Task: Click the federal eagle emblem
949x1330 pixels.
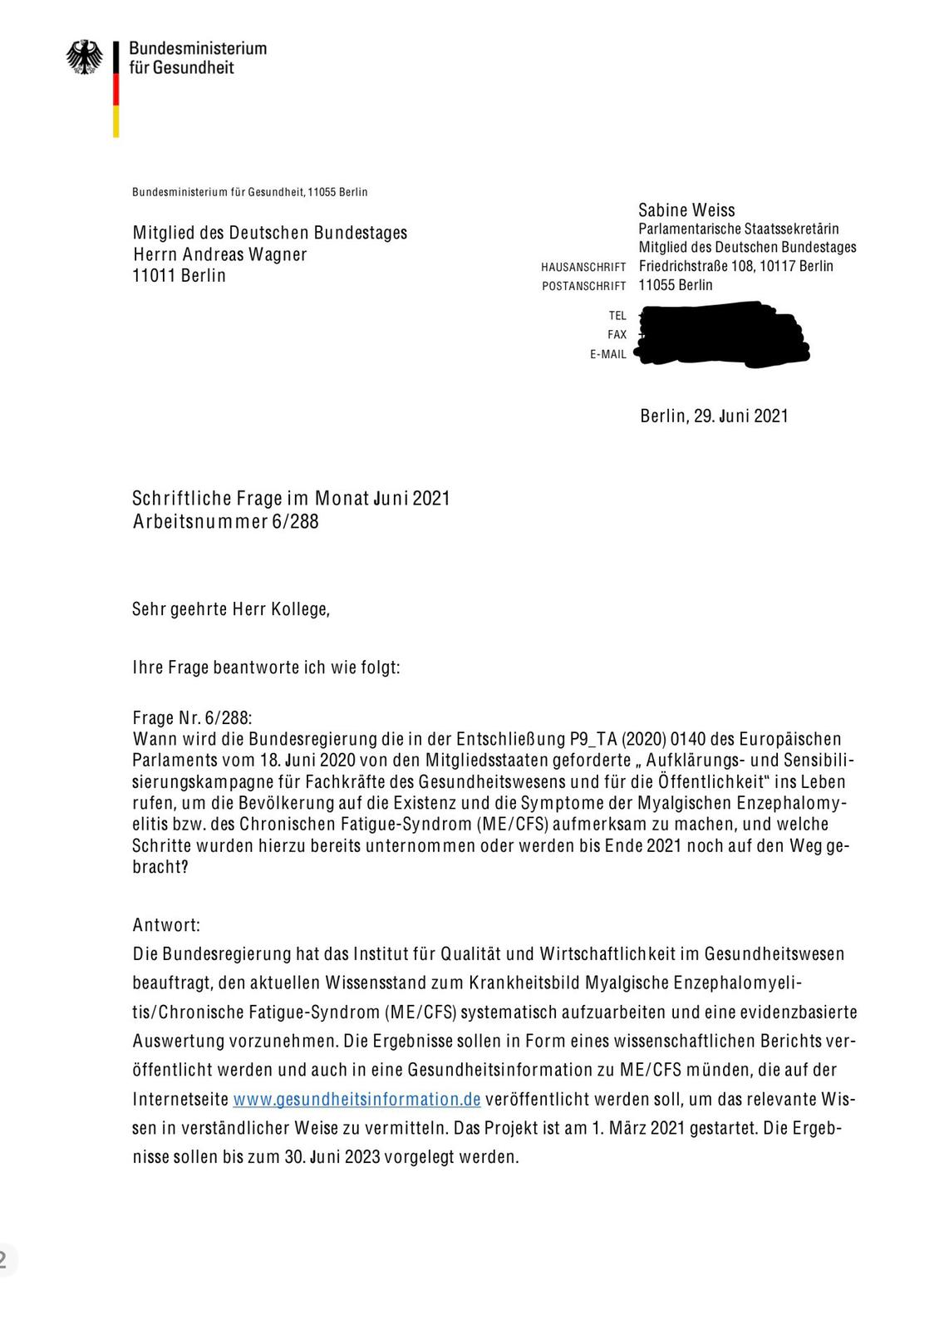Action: (x=85, y=57)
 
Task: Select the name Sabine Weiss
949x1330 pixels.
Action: (x=686, y=210)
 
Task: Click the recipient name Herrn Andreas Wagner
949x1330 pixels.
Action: (x=219, y=254)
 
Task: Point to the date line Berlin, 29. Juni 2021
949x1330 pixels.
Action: (x=714, y=416)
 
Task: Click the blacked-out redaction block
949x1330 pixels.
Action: (x=721, y=335)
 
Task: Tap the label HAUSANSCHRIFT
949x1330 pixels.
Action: (x=583, y=268)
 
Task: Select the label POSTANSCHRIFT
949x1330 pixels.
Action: (x=583, y=287)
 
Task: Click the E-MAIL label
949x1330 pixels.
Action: (x=608, y=355)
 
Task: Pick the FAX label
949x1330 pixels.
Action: (x=617, y=335)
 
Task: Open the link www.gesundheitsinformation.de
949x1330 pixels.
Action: (x=356, y=1099)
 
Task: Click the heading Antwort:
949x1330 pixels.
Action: (x=166, y=925)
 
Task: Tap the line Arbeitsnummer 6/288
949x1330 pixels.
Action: (x=225, y=522)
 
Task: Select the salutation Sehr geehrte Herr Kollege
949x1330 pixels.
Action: (x=231, y=609)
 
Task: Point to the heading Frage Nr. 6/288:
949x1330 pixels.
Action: (x=192, y=718)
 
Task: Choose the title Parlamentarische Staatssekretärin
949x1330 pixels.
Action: (x=738, y=229)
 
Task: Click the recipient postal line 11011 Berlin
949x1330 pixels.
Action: (x=179, y=276)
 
